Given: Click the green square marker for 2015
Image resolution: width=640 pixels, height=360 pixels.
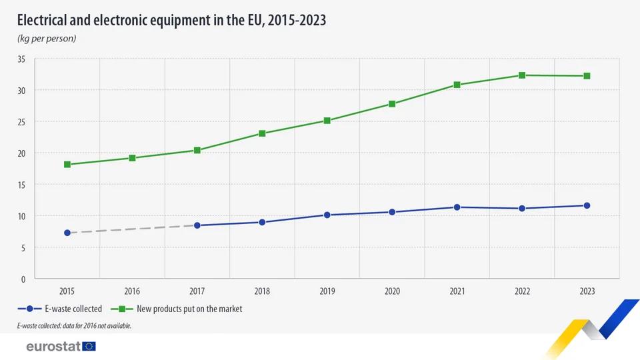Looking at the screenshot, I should [x=67, y=164].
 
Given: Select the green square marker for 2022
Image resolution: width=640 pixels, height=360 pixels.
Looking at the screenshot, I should [x=522, y=75].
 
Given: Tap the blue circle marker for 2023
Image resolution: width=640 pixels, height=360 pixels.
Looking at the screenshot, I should [x=587, y=205].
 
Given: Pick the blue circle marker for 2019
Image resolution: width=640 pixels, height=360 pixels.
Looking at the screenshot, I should [x=327, y=215].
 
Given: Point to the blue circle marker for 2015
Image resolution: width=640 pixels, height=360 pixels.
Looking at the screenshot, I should [x=67, y=233].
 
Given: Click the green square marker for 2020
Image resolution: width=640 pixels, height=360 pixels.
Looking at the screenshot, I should [x=392, y=104].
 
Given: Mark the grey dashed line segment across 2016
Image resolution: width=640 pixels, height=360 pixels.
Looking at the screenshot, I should [x=132, y=229].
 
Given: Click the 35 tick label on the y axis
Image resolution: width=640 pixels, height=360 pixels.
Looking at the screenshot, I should [x=21, y=59].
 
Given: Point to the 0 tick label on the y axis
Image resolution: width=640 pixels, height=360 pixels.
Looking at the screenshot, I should [x=23, y=279].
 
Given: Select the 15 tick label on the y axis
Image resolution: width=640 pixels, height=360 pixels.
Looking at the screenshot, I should [x=21, y=185].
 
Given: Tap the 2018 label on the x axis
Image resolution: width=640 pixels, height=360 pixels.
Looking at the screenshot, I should [x=262, y=291].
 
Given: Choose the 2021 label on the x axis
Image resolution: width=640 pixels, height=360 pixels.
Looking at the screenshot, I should [x=457, y=291].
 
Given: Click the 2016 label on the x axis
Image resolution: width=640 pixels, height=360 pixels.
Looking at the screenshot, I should [x=132, y=291].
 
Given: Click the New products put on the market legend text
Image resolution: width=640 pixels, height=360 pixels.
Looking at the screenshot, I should [x=189, y=309].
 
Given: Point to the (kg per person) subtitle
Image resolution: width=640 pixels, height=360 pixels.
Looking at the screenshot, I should [x=47, y=38].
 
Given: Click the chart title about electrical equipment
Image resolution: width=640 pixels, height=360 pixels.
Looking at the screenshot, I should [x=171, y=19].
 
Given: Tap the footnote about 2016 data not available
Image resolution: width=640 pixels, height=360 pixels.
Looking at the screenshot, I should [x=74, y=326].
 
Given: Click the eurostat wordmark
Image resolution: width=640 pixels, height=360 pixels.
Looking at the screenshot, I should [x=53, y=346].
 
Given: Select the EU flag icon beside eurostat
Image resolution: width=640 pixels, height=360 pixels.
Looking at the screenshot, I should [x=89, y=346].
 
